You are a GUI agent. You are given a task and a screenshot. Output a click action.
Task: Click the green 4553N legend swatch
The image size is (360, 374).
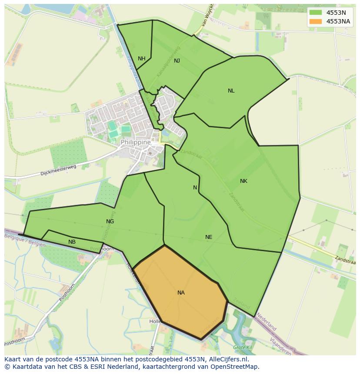(x=316, y=13)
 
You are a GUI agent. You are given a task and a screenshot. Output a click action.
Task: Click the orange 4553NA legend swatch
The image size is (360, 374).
(x=316, y=21)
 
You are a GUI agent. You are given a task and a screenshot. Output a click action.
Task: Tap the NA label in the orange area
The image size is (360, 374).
(x=181, y=293)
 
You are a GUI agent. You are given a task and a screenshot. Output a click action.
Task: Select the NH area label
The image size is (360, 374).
(x=142, y=59)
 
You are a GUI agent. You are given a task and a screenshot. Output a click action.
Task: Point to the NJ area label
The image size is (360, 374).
(x=177, y=61)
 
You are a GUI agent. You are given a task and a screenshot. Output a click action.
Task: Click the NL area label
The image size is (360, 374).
(x=231, y=91)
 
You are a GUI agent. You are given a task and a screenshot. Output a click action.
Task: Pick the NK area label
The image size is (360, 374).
(x=243, y=181)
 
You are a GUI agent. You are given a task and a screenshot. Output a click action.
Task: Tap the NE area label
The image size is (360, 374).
(x=209, y=237)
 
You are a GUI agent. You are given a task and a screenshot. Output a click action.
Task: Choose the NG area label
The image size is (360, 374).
(x=110, y=222)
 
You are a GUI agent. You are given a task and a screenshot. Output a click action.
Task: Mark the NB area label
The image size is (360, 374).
(x=72, y=242)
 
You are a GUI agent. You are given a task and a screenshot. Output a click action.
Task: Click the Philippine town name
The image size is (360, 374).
(x=136, y=142)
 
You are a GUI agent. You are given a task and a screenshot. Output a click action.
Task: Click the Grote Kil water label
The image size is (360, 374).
(x=243, y=348)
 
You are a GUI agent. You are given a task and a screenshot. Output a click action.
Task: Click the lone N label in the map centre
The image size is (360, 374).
(x=195, y=188)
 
